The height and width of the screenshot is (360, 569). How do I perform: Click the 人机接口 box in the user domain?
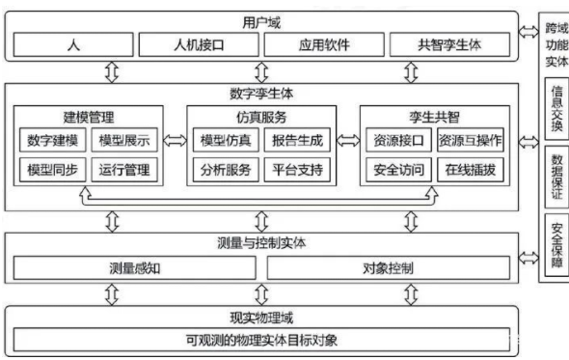[x=198, y=44]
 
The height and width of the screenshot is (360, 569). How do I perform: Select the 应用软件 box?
[x=321, y=44]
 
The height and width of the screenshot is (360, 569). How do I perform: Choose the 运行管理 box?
[x=124, y=172]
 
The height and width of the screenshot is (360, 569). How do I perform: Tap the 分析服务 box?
[x=226, y=172]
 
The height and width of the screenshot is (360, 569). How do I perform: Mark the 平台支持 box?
[x=298, y=172]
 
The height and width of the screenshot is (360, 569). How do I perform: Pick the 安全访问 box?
[x=398, y=172]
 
